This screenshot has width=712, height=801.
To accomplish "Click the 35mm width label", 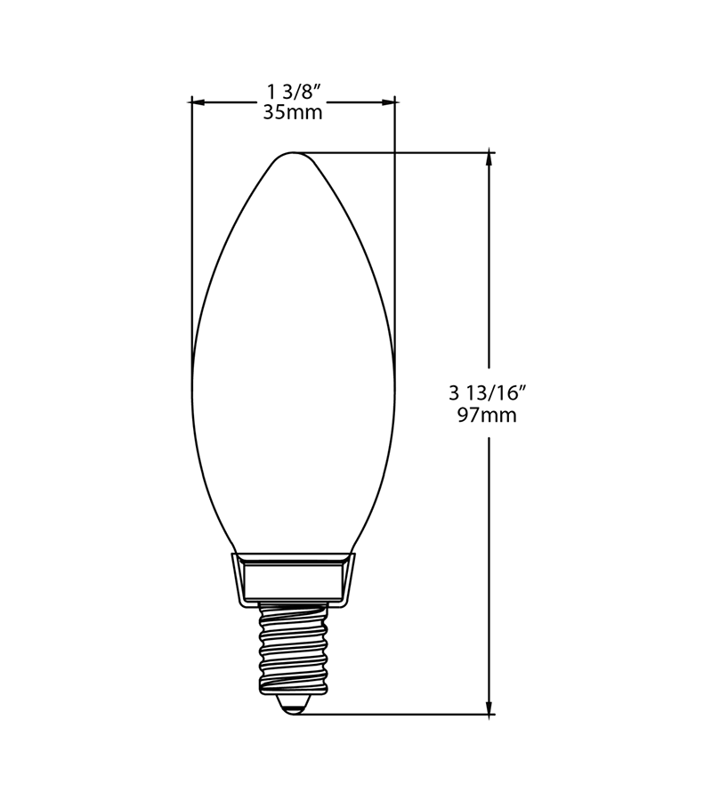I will pyautogui.click(x=293, y=113).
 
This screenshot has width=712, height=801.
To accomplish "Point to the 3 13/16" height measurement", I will pyautogui.click(x=489, y=392).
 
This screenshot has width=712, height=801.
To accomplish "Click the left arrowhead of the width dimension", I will pyautogui.click(x=198, y=102).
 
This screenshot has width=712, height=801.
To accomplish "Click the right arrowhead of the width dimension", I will pyautogui.click(x=389, y=102).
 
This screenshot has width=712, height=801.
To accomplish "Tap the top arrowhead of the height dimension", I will pyautogui.click(x=489, y=159).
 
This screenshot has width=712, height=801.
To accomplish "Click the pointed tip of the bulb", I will pyautogui.click(x=294, y=152).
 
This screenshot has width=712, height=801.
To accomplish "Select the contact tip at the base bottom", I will pyautogui.click(x=294, y=707).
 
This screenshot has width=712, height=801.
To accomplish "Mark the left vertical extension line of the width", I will pyautogui.click(x=191, y=231).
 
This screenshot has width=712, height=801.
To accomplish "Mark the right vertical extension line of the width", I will pyautogui.click(x=395, y=231).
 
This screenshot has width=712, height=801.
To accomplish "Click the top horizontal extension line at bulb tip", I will pyautogui.click(x=400, y=152).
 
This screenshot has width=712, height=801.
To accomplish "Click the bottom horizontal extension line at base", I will pyautogui.click(x=400, y=714).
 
